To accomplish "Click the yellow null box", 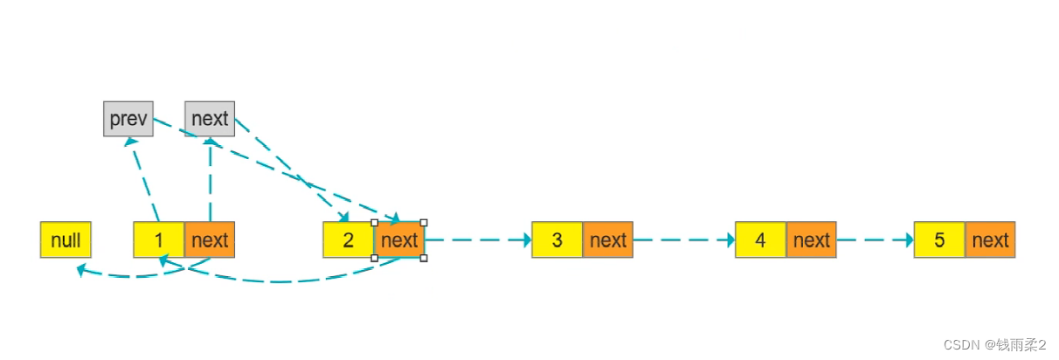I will [66, 240].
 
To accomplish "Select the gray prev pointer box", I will [128, 119].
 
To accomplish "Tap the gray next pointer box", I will [210, 119].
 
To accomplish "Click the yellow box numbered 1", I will [159, 240].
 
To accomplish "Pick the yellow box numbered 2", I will [348, 240].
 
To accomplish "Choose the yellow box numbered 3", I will [557, 240].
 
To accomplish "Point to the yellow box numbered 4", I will [761, 240].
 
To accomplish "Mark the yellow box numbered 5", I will [939, 240].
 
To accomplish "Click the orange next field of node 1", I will [210, 240].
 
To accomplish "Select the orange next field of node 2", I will [399, 240].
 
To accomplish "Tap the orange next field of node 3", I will [608, 240].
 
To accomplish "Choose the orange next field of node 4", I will [812, 240].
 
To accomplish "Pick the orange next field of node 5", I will [990, 240].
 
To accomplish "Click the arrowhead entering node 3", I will [526, 239].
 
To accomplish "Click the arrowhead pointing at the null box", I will [81, 272].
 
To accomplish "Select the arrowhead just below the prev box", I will [131, 141].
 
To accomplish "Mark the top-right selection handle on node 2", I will [424, 223].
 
